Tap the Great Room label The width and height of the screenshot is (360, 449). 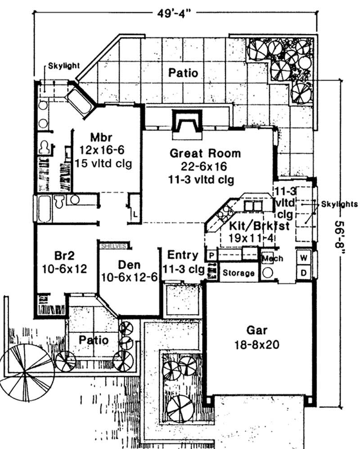coord(205,153)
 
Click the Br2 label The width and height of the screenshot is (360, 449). coord(65,256)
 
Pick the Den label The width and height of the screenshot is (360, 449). coord(128,264)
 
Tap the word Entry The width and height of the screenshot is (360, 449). coord(182,255)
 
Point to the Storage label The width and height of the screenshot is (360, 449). coord(239,273)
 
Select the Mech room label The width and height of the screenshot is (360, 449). coord(272,259)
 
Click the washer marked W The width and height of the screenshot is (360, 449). coord(304,259)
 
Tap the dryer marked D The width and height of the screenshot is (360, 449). coord(304,272)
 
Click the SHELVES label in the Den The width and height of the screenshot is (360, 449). coord(114,246)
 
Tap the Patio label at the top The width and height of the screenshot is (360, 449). coord(183,73)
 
